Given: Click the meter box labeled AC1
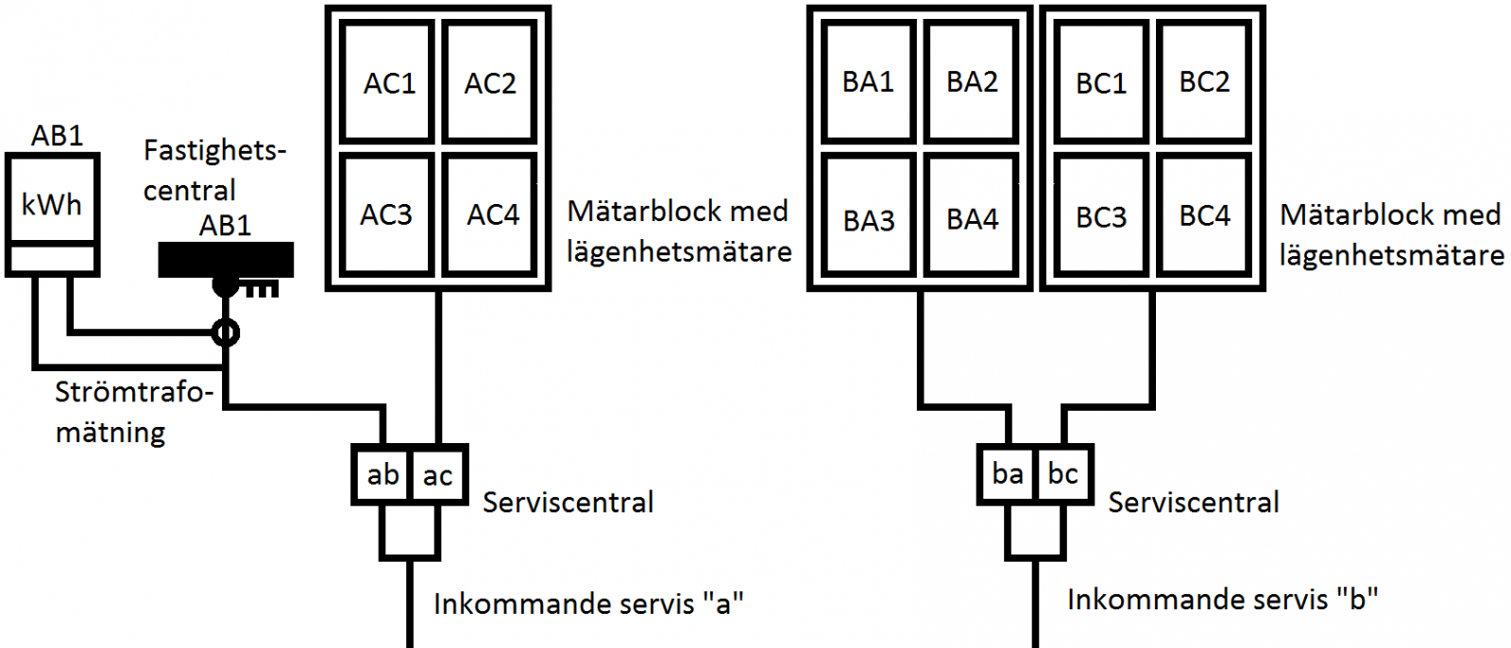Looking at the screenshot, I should (388, 83).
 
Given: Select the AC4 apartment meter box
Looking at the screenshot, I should (491, 215).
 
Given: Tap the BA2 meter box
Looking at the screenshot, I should (972, 82).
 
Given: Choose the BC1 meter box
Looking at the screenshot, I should (1101, 83).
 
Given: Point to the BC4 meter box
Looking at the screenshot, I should (1204, 216).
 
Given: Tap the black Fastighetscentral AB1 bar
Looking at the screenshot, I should (226, 259).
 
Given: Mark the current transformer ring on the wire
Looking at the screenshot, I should (226, 333).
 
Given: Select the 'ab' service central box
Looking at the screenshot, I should (382, 474).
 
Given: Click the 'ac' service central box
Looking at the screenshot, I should (438, 474).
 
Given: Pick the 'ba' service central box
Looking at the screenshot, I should (1007, 473).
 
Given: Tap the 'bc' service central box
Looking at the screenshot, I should (1063, 473).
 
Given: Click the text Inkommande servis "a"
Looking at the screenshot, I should (588, 604).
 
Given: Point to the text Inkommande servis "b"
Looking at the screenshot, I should (1222, 600).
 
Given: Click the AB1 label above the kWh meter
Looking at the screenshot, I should (57, 136).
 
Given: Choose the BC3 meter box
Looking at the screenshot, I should (1101, 217).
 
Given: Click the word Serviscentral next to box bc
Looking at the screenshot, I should (1194, 503).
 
